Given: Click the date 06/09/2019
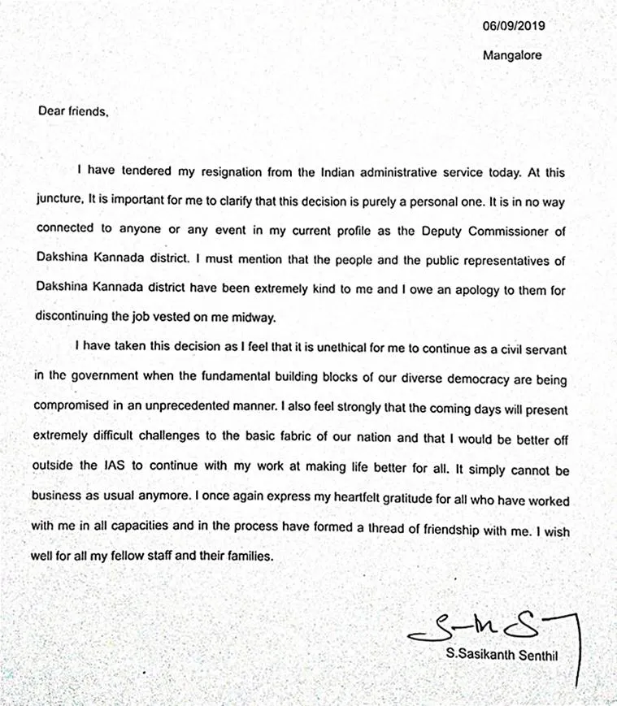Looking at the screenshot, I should pyautogui.click(x=513, y=25).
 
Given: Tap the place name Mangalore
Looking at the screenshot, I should pyautogui.click(x=512, y=56).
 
